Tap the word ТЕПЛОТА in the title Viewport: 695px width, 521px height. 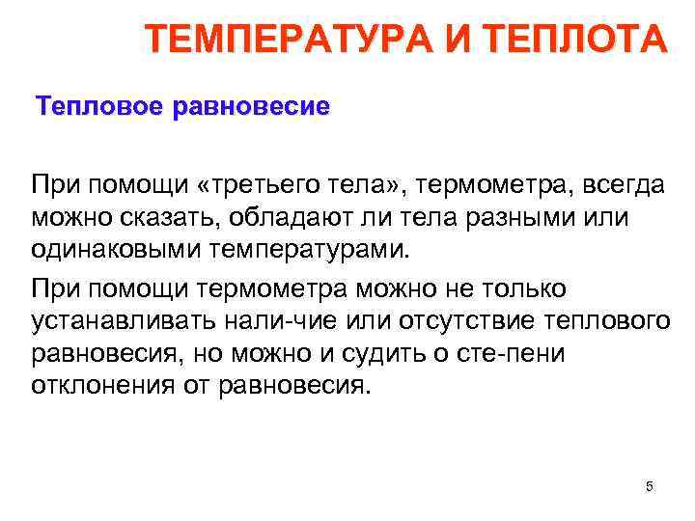(x=587, y=40)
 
